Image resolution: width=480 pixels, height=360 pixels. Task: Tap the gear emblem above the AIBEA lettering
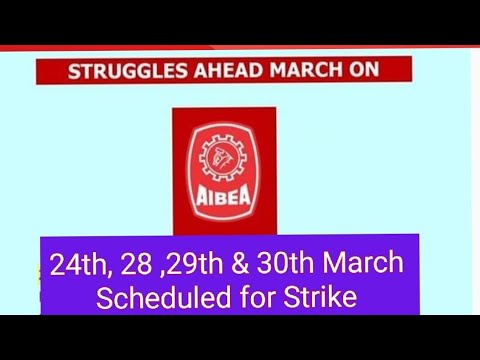223,157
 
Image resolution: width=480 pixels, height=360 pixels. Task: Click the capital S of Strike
290,297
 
